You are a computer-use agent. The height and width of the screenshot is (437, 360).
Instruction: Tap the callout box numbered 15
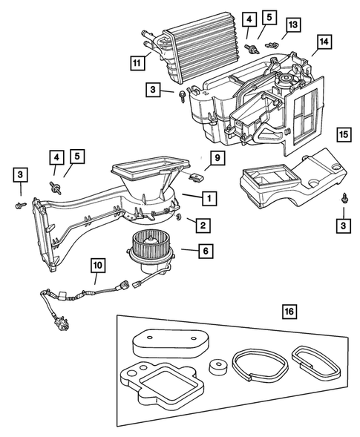343,135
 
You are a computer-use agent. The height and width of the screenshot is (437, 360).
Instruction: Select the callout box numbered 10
98,263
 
